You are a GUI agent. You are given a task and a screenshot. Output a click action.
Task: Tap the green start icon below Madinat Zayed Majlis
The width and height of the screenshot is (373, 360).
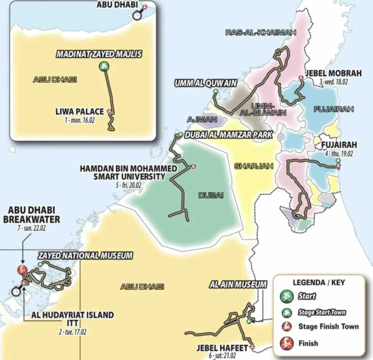click(103, 66)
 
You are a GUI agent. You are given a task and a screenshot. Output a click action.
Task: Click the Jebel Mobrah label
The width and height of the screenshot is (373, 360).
click(333, 73)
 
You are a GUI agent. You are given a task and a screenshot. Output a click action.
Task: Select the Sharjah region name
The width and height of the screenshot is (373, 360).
click(251, 166)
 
